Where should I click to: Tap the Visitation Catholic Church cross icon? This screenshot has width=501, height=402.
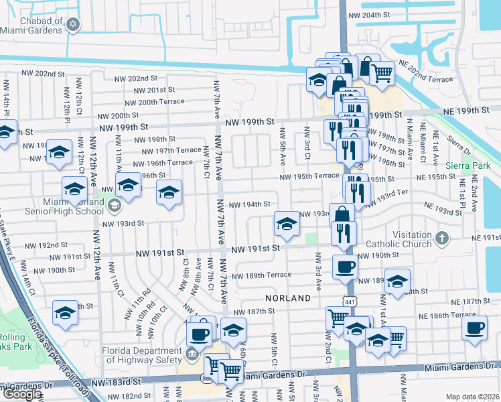coord(441,238)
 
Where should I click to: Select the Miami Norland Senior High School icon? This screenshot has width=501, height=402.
coord(113,205)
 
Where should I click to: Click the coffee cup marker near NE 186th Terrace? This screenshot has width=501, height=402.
coord(474,328)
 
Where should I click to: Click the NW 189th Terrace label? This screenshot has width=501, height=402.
coord(262,275)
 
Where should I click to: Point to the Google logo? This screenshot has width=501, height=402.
coord(21,393)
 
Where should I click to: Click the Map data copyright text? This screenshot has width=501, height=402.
coord(472,397)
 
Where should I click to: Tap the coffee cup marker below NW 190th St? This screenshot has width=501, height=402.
coord(345,266)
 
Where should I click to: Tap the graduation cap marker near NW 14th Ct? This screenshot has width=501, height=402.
coord(65,312)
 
